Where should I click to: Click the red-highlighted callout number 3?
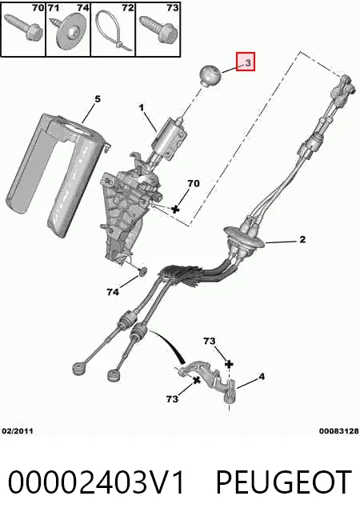pos(248,62)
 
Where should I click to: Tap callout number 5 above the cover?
pos(97,99)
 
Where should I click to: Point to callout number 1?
pos(142,108)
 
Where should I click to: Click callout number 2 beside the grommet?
pos(302,239)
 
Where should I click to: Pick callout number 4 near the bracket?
pos(262,377)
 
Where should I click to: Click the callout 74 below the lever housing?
pos(113,292)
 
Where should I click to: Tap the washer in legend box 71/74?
pos(70,33)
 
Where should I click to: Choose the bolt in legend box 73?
pos(158,30)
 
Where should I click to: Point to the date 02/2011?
pos(18,431)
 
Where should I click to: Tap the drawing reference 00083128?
pos(338,431)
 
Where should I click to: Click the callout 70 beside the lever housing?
pos(194,183)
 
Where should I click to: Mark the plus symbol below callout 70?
pos(175,210)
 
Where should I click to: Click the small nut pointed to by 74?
pos(143,271)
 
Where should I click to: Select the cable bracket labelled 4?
pos(210,380)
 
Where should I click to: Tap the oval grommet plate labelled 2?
pos(244,238)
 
